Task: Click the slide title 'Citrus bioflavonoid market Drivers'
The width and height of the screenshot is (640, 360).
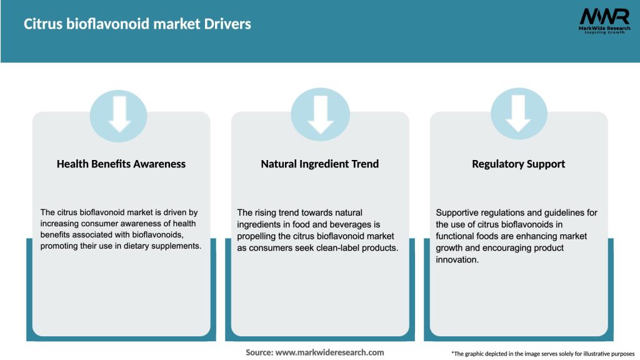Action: click(137, 24)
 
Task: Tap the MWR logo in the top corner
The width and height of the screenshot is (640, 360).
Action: click(604, 21)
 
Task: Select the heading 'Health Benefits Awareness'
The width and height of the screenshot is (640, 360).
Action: click(121, 164)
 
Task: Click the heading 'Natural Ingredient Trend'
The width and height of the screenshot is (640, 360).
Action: click(320, 164)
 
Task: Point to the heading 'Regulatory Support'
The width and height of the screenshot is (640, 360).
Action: click(519, 164)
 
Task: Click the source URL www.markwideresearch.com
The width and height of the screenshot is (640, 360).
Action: click(330, 352)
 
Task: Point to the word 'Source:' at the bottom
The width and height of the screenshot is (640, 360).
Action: click(259, 352)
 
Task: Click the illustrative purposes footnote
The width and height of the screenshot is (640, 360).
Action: click(542, 354)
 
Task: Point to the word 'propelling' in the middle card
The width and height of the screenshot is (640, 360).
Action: click(259, 236)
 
